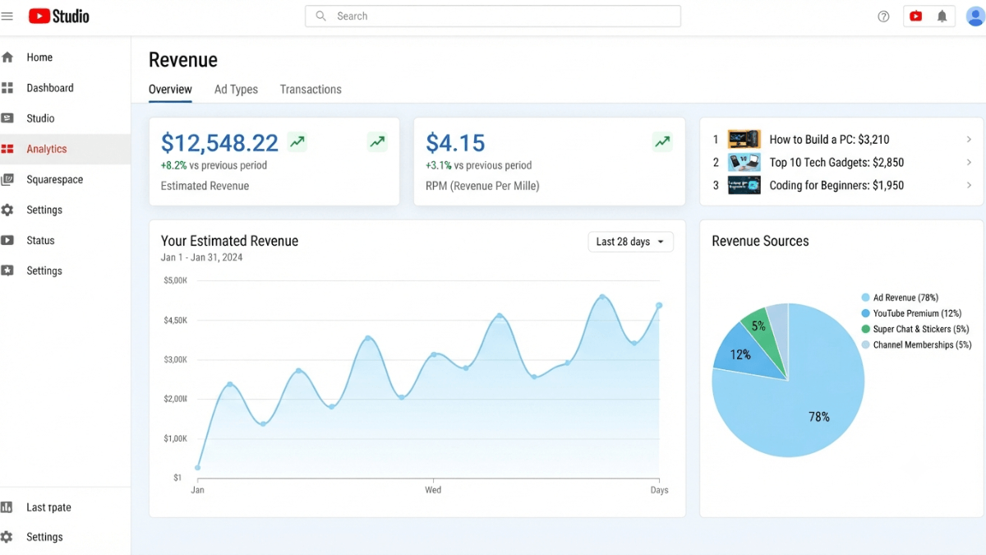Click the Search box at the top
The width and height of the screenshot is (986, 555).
[492, 16]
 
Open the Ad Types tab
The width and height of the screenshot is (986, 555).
[236, 90]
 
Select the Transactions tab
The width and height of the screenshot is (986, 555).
[311, 90]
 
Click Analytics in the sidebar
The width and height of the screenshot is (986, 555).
[47, 149]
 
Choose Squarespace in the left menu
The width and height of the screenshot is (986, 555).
[54, 179]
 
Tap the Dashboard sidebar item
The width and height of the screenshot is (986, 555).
[50, 88]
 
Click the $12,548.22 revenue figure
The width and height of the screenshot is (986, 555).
[219, 143]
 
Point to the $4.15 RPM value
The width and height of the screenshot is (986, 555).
[455, 143]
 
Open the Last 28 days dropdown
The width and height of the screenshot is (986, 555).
[630, 242]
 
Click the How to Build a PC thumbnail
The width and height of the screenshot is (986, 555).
[744, 139]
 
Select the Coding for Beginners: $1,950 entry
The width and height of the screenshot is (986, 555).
[836, 186]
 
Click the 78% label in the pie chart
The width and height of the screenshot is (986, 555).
[818, 417]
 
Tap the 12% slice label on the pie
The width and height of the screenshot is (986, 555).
[740, 354]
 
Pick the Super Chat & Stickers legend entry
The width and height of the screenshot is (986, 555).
[915, 329]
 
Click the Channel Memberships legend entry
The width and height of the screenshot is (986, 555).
[916, 345]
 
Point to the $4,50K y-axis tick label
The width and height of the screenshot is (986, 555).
[175, 320]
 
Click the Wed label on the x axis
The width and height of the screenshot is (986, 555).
[433, 490]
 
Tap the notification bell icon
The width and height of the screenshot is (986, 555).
[942, 16]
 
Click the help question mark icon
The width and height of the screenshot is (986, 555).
[883, 16]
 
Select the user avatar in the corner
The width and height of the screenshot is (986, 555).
[975, 16]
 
